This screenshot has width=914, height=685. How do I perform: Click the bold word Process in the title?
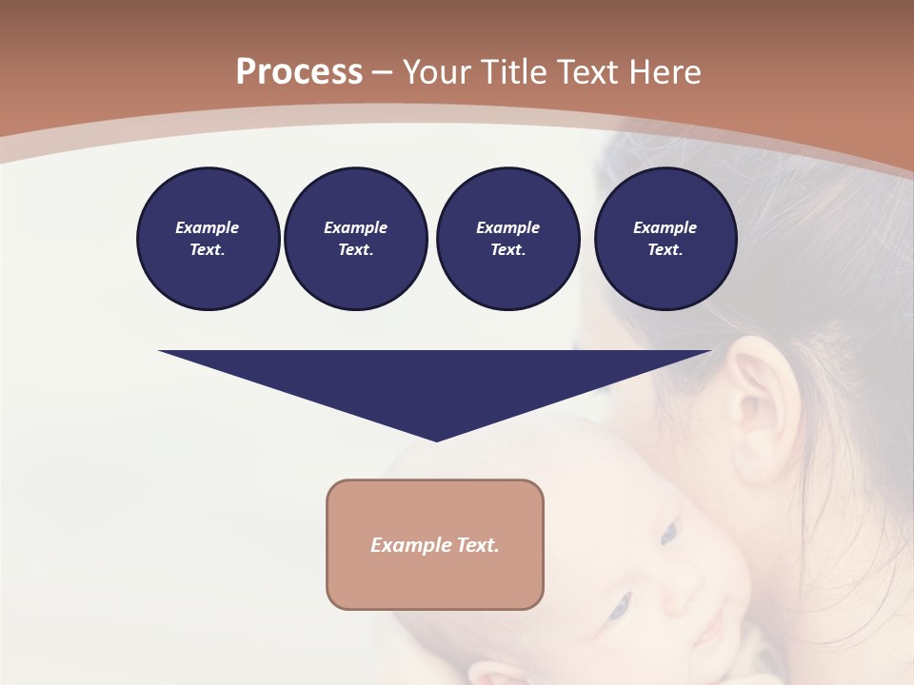click(x=299, y=72)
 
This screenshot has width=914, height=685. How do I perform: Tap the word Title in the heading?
click(x=514, y=72)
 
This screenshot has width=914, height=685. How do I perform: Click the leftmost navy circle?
click(x=208, y=239)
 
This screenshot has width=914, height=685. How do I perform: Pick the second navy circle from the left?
click(x=355, y=239)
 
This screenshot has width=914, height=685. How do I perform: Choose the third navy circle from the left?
click(x=507, y=239)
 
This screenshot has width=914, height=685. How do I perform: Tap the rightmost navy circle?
click(x=665, y=239)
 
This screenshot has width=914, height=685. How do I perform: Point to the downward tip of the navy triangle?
click(x=436, y=439)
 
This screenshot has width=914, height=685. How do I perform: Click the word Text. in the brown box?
click(x=478, y=545)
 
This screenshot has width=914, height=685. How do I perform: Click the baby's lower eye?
click(x=620, y=603)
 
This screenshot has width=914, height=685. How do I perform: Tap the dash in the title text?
click(x=383, y=72)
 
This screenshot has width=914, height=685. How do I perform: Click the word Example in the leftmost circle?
click(x=208, y=227)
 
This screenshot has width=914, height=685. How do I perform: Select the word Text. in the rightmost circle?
click(x=665, y=249)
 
